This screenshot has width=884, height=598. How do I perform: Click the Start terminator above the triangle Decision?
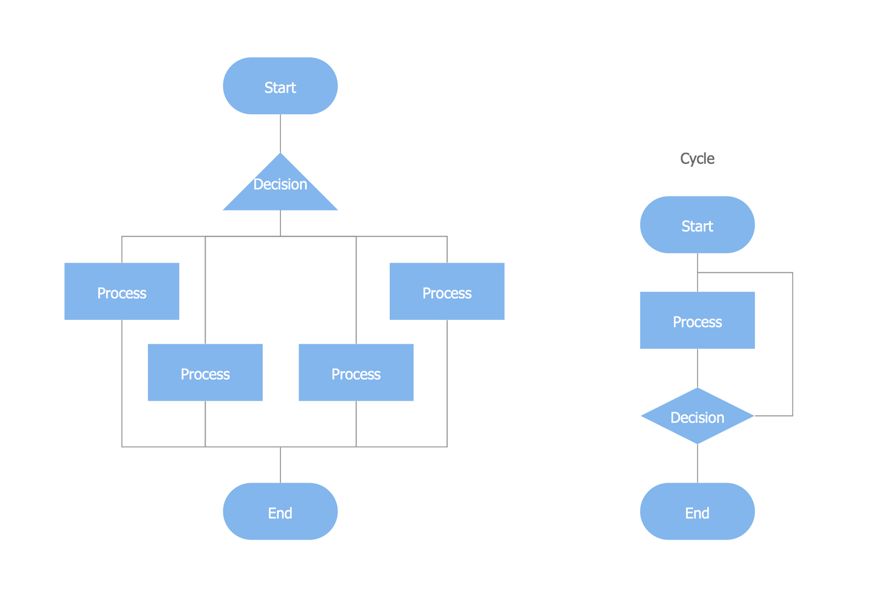(x=280, y=86)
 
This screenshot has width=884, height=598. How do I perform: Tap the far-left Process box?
(x=121, y=292)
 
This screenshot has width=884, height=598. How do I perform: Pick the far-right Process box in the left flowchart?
(x=447, y=292)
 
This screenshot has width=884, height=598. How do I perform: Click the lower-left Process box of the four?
(x=205, y=372)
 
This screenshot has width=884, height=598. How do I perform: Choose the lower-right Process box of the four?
(x=356, y=372)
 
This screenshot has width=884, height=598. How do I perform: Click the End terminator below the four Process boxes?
(x=280, y=511)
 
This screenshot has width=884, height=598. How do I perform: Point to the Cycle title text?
(x=697, y=158)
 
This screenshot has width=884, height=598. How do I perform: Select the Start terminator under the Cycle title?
(x=697, y=225)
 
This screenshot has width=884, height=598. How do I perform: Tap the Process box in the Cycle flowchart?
(x=697, y=321)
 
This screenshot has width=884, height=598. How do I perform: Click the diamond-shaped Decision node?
(x=697, y=416)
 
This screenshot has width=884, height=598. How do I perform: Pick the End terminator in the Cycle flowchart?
(x=697, y=511)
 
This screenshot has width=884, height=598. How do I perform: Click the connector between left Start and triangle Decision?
(x=281, y=134)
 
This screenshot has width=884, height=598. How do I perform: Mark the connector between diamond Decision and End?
(x=698, y=464)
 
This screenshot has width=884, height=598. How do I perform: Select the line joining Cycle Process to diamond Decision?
(x=698, y=368)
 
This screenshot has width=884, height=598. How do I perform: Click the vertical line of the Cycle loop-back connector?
(x=793, y=345)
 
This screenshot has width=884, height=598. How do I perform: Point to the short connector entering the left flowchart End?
(x=281, y=465)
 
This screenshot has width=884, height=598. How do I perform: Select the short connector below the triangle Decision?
(x=281, y=223)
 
